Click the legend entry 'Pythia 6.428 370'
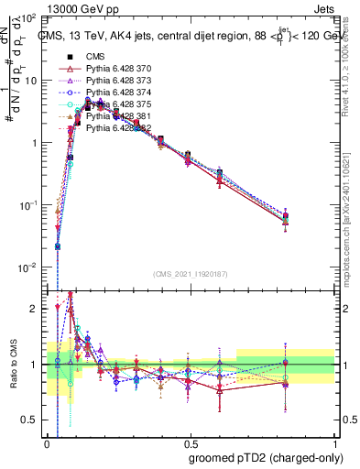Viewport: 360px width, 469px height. pyautogui.click(x=119, y=70)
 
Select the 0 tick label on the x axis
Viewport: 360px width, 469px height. pyautogui.click(x=48, y=441)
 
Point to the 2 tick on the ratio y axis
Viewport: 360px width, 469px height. pyautogui.click(x=35, y=309)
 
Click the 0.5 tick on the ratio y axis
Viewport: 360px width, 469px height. pyautogui.click(x=32, y=420)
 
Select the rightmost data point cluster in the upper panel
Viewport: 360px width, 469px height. pyautogui.click(x=286, y=218)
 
